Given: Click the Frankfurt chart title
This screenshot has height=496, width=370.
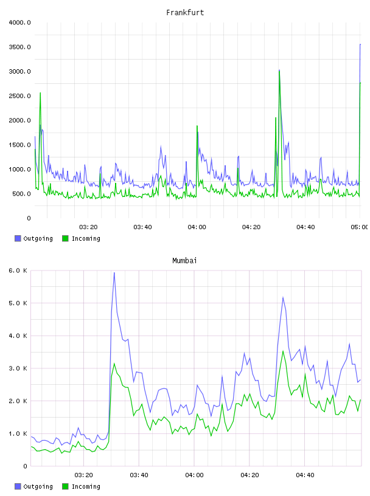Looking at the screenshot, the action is (x=185, y=13).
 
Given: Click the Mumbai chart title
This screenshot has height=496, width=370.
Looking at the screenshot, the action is (x=184, y=261).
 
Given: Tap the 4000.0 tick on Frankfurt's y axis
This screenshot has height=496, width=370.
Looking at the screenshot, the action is (x=19, y=22).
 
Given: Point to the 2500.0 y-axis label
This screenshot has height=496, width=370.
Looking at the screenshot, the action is (x=19, y=96).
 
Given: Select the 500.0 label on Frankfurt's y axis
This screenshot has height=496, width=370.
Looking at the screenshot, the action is (x=21, y=193).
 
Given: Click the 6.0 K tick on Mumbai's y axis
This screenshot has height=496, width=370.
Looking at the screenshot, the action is (x=18, y=270).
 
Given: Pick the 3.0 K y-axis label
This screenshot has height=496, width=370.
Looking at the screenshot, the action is (x=18, y=368).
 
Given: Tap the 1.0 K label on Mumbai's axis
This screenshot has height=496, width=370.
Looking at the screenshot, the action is (x=18, y=433).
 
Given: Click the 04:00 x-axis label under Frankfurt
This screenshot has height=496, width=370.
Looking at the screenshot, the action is (x=197, y=227).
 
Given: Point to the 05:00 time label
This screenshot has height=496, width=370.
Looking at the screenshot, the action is (x=359, y=227).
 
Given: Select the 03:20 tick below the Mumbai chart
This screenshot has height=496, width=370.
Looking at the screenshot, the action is (x=83, y=475).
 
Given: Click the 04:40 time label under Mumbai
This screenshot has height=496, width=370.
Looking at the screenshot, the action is (x=305, y=475).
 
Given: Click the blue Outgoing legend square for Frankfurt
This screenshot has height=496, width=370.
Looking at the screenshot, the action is (x=18, y=238).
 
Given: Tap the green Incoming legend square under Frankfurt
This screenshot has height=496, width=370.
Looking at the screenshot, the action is (x=65, y=238).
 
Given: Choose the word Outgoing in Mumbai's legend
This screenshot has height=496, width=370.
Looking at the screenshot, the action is (x=38, y=486).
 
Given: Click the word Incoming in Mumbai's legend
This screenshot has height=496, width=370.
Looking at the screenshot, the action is (x=86, y=486).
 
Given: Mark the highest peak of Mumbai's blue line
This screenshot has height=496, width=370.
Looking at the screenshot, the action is (x=114, y=273).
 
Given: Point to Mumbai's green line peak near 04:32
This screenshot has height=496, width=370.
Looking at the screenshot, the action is (x=283, y=351).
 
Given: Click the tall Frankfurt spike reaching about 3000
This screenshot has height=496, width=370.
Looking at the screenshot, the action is (x=279, y=71).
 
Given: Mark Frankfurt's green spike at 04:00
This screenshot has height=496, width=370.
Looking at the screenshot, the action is (x=197, y=126).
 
